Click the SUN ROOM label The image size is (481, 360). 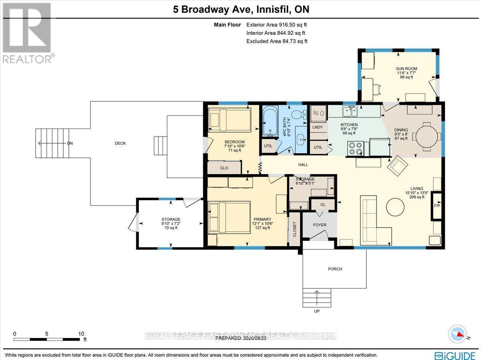coord(404,68)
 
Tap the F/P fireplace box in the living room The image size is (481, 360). coord(437,206)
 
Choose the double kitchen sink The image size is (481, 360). coord(350,110)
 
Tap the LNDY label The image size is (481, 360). coord(317,127)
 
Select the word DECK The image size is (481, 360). coord(120,143)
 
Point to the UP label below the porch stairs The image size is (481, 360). coord(317,311)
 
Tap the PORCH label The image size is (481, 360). coord(335,269)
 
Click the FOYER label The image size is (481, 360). coord(319,225)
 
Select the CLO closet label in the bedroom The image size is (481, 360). coord(224,168)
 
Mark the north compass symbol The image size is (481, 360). coord(457,333)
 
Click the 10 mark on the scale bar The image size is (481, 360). coord(81,334)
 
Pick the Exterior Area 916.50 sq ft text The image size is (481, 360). coord(277,24)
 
